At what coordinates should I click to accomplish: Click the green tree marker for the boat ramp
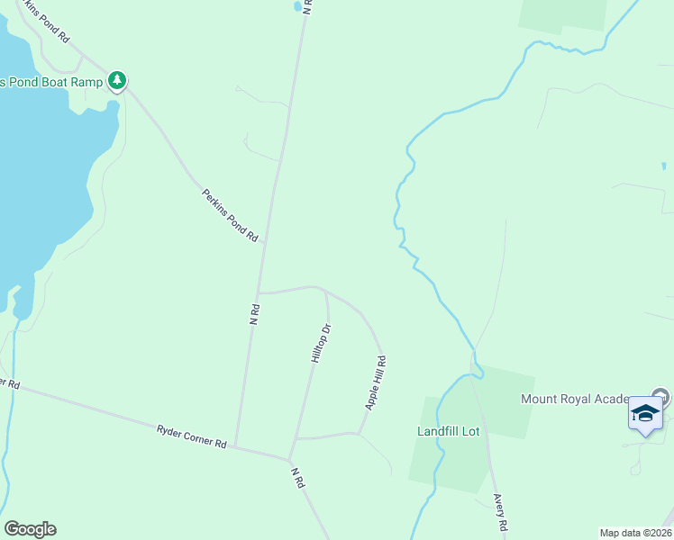point(117,81)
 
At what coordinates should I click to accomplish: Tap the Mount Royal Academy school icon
point(645,413)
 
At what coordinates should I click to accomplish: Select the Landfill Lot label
point(449,431)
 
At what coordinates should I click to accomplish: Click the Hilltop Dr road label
point(321,343)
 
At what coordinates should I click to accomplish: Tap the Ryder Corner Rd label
point(190,436)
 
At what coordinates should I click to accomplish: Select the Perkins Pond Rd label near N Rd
point(231,214)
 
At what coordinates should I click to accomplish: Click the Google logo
point(30,529)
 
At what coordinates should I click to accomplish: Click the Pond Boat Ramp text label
point(50,82)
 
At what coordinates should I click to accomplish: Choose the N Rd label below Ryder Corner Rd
point(298,477)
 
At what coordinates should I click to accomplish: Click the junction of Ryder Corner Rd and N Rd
point(235,446)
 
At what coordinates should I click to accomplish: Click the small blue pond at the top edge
point(296,6)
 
